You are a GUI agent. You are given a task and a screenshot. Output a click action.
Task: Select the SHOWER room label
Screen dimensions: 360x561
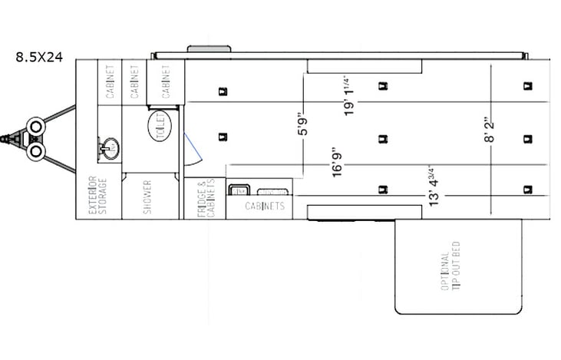click(147, 197)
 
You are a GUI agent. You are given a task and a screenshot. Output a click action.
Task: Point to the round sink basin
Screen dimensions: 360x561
click(109, 145)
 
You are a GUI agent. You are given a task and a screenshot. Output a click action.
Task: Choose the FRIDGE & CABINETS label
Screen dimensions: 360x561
click(204, 200)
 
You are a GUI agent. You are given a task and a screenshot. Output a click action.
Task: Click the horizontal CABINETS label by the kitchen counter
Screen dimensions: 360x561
click(265, 206)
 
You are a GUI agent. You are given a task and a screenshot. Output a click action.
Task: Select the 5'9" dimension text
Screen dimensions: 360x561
click(304, 126)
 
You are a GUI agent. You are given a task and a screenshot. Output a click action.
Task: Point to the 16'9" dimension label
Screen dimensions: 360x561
click(338, 163)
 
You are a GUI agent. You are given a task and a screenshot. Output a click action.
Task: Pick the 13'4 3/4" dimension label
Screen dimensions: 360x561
click(435, 187)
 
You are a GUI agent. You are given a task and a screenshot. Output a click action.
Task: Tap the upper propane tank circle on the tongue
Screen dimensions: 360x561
click(35, 126)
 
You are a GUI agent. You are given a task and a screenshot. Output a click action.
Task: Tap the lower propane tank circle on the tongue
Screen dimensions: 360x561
click(35, 151)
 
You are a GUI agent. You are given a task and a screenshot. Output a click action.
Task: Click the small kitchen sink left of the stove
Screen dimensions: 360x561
click(239, 190)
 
